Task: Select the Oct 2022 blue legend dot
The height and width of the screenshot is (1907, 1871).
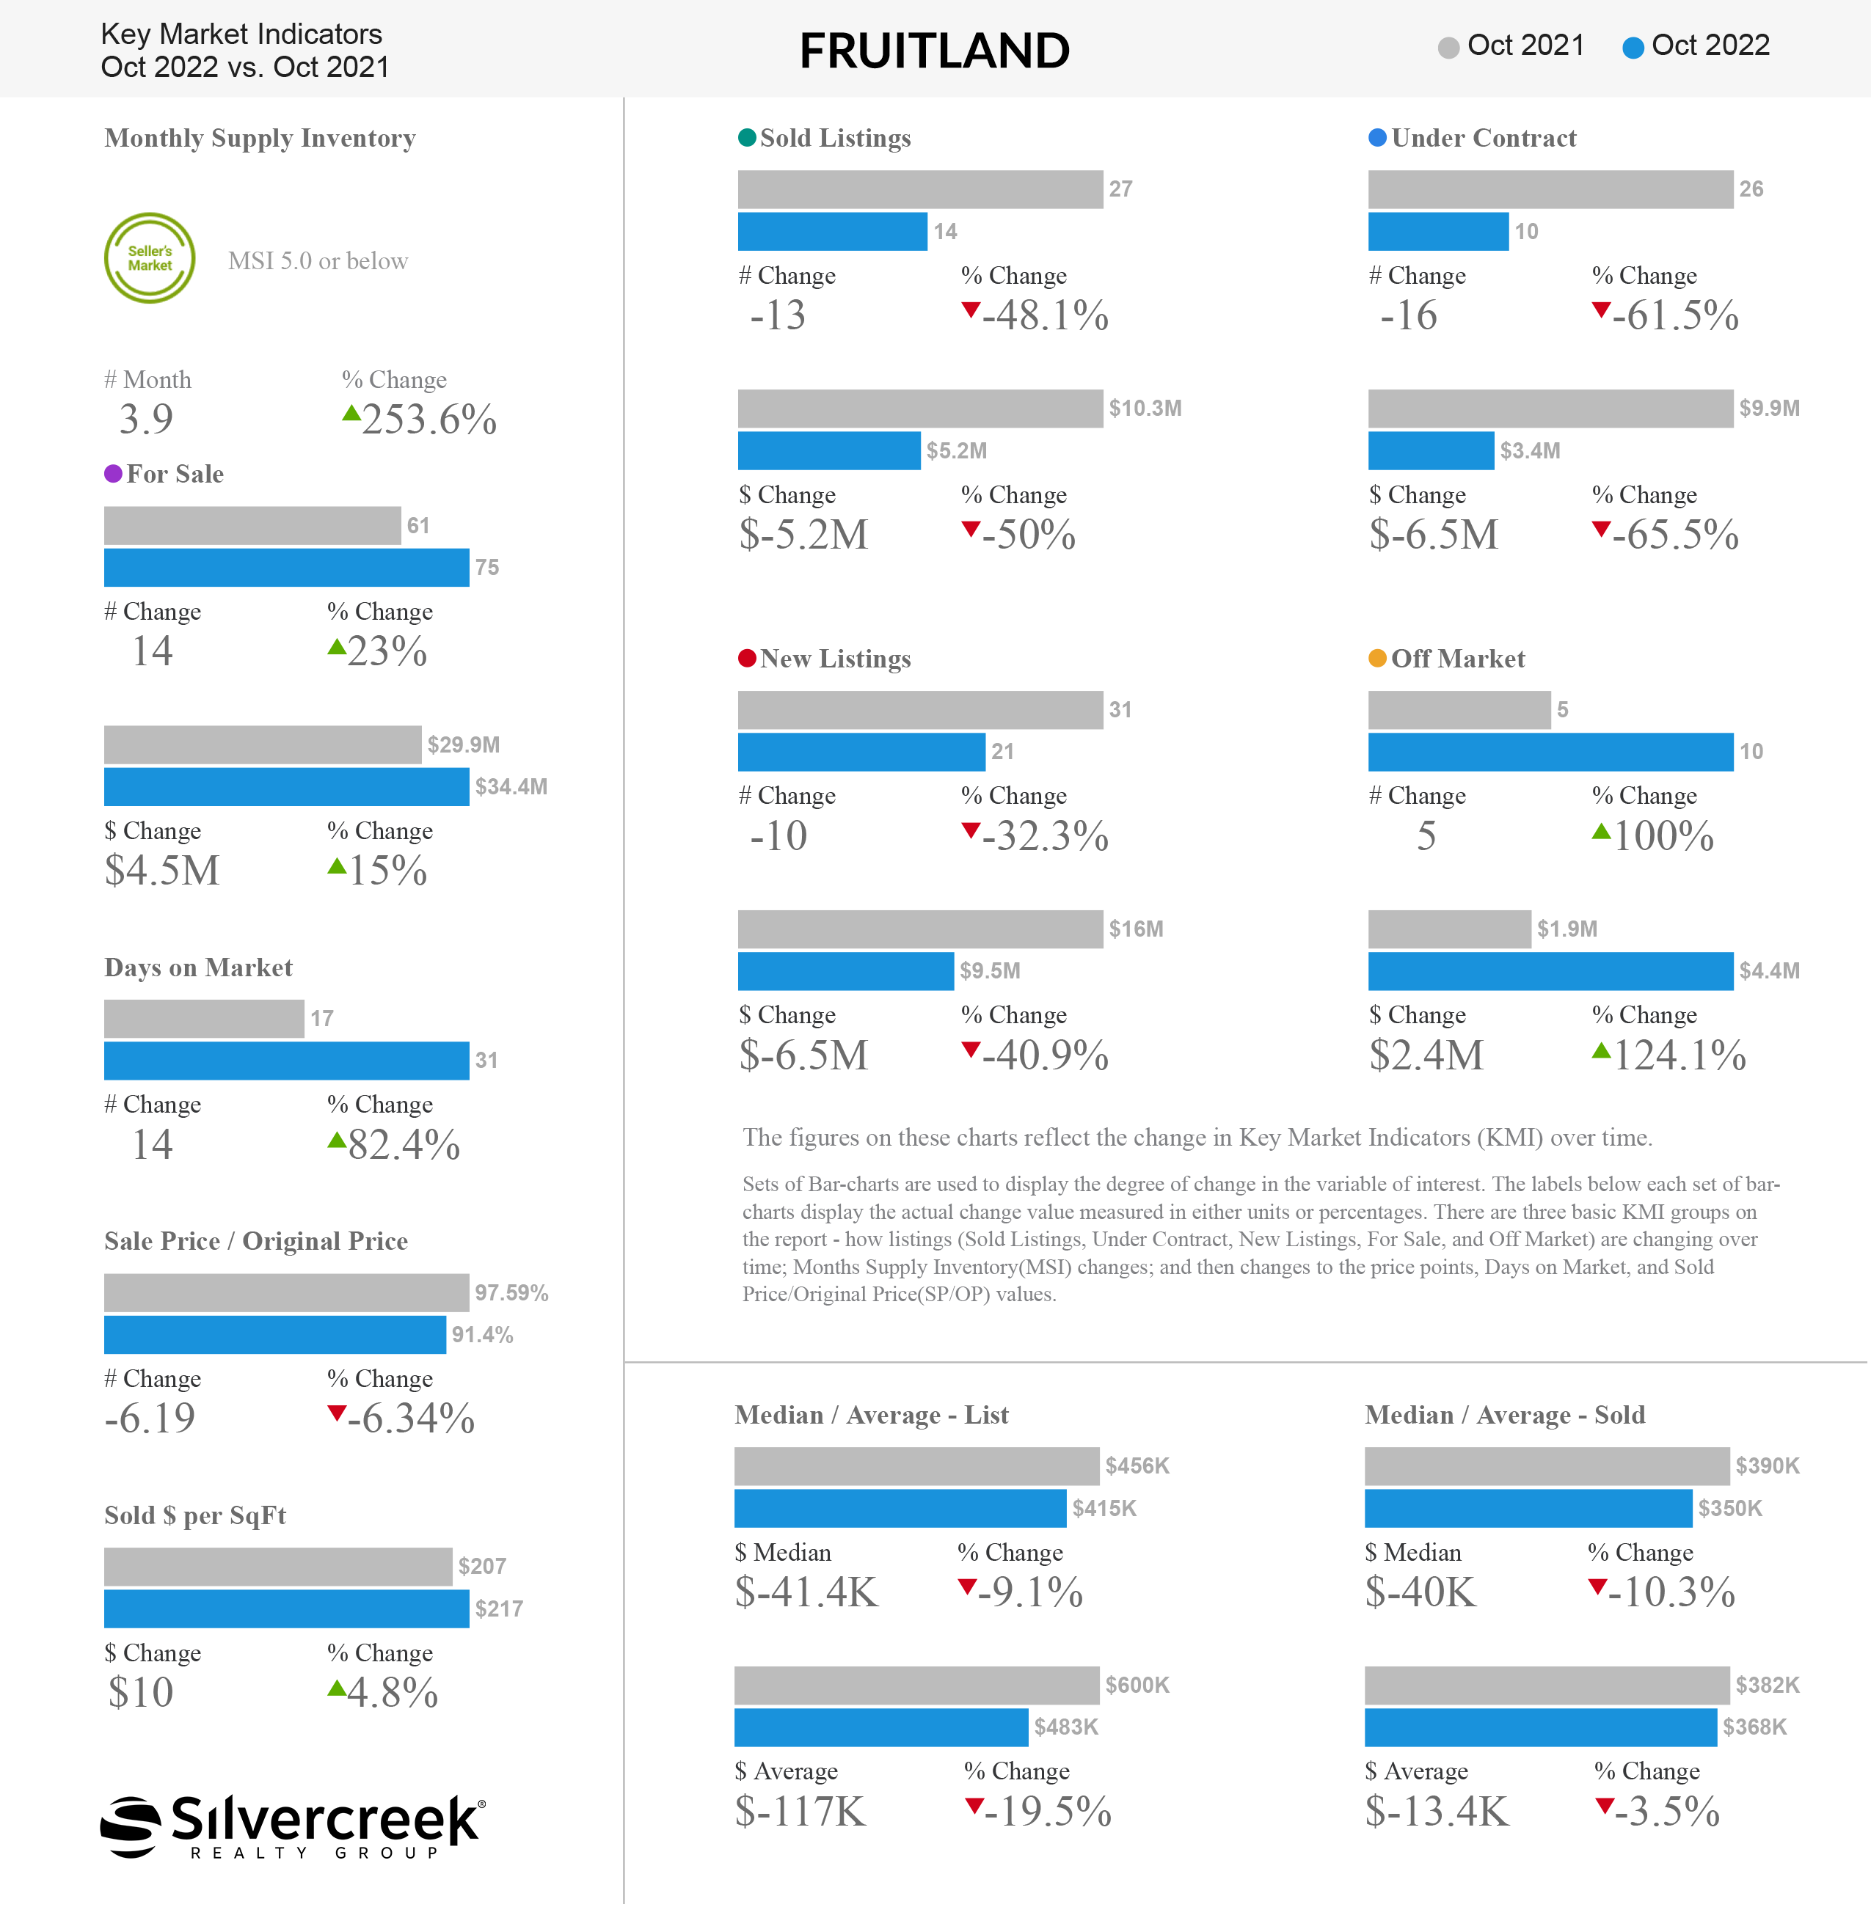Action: point(1633,47)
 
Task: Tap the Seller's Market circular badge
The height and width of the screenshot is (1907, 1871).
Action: point(150,258)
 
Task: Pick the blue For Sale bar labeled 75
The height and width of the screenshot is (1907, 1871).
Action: point(287,568)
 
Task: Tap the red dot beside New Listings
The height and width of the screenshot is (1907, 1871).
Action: point(747,658)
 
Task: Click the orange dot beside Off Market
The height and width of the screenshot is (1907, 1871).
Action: point(1378,658)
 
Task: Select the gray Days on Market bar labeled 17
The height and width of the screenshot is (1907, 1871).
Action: point(205,1019)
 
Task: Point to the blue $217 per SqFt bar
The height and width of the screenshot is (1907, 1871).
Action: point(287,1608)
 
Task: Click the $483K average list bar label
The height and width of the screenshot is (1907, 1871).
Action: point(1066,1727)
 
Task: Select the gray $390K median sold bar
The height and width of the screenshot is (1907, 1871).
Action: point(1547,1466)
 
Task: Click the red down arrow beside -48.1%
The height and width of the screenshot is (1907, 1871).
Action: point(971,310)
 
